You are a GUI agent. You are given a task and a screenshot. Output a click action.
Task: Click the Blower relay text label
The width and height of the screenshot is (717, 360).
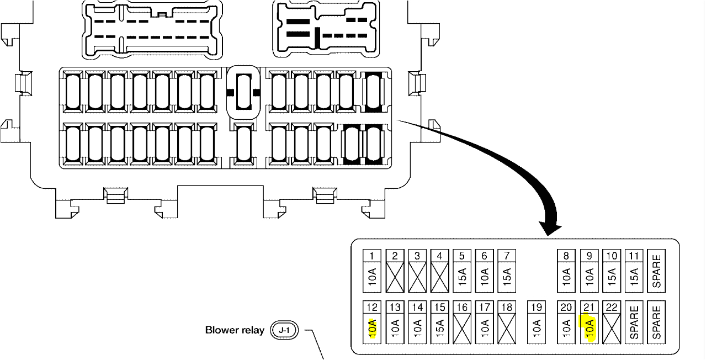[235, 330]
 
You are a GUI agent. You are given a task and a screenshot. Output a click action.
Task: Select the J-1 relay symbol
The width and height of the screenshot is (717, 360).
[284, 331]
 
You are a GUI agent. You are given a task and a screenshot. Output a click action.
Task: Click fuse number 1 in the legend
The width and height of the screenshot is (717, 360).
[373, 256]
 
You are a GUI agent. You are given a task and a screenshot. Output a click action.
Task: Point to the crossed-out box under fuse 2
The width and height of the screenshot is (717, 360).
[395, 277]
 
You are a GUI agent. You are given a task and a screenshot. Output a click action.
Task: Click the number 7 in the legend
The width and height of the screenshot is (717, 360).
[507, 256]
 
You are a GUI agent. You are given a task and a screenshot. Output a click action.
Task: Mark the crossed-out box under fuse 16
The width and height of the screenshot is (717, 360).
[463, 330]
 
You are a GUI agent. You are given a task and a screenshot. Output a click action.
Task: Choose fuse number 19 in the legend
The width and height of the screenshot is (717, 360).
[537, 306]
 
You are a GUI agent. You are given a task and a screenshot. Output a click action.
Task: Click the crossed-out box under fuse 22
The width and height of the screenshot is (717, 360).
[612, 330]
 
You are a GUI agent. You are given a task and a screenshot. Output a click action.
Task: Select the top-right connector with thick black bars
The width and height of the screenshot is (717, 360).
[326, 29]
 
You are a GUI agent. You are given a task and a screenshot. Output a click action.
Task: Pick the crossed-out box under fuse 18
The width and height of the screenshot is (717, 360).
[507, 330]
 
